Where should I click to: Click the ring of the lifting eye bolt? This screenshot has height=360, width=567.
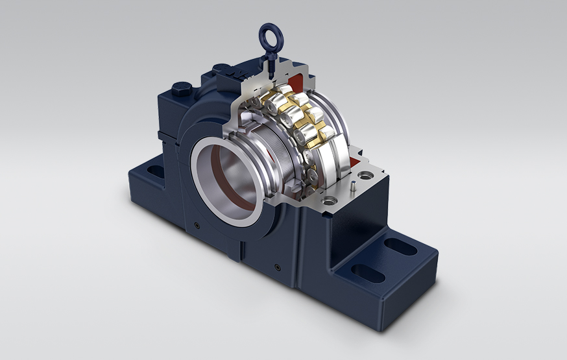click(x=267, y=32)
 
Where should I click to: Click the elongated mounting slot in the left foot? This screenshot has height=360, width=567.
click(x=156, y=172)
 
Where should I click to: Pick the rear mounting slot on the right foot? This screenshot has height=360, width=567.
click(x=394, y=246)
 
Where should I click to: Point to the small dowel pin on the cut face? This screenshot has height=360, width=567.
click(x=350, y=186)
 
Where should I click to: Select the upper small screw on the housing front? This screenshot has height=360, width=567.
click(x=197, y=225)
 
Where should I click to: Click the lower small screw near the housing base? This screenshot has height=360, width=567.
click(x=278, y=265)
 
